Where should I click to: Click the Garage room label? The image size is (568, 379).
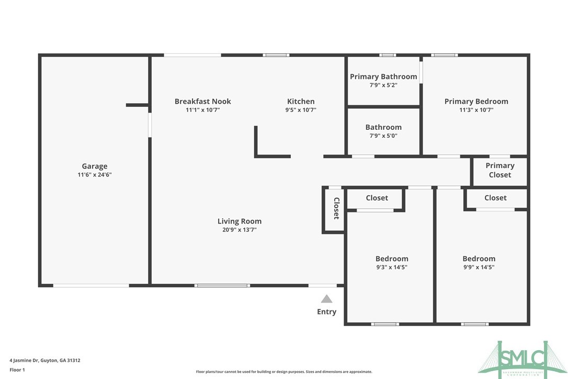(94, 166)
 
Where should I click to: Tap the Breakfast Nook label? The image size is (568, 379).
(202, 102)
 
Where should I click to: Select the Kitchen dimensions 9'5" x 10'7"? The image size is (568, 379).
(301, 110)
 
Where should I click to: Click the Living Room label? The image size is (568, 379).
(240, 221)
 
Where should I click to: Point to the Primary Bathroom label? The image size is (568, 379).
(383, 76)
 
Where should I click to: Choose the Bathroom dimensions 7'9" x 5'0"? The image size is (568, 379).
(383, 136)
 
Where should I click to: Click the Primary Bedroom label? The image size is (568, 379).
(476, 102)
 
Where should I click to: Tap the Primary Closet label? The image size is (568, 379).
(499, 170)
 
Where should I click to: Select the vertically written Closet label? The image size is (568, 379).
(336, 208)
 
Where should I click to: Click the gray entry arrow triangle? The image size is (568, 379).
(326, 299)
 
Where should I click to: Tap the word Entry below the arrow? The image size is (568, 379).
(326, 312)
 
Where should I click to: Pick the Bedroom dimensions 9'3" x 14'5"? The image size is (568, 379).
(392, 267)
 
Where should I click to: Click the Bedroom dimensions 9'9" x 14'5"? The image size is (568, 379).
(479, 267)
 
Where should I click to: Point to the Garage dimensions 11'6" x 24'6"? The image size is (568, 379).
(94, 175)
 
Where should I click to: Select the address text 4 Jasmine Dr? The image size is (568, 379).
(45, 360)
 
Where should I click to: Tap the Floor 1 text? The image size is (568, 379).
(17, 370)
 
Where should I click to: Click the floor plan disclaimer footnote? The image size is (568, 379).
(284, 372)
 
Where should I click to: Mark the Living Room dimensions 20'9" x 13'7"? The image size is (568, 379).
(240, 230)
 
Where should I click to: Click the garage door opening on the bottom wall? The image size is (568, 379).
(91, 285)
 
